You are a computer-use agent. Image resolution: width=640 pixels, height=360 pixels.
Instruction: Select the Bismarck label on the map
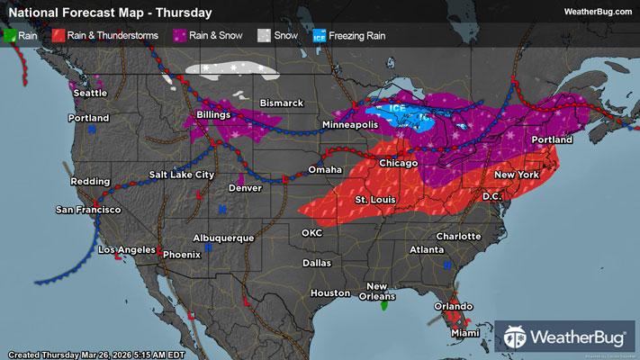point(284,103)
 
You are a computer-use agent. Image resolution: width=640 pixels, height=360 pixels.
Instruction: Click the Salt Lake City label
point(182,174)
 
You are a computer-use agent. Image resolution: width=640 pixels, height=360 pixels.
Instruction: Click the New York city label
point(516,173)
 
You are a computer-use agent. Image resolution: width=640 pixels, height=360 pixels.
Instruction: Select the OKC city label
point(311,232)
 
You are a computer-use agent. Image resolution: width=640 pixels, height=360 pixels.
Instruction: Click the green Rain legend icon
point(10,37)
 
